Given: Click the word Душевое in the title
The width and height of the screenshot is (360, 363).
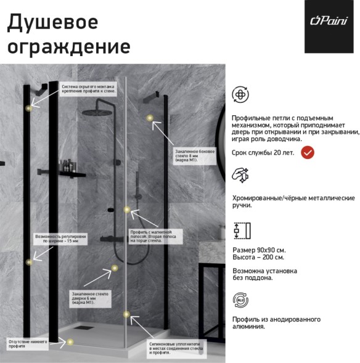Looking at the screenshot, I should tap(52, 22).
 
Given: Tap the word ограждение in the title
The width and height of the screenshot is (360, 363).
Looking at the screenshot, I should tap(68, 47).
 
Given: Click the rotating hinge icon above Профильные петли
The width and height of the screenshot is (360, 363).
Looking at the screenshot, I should tap(240, 95).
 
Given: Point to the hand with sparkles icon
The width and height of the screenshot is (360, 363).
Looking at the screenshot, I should tap(240, 175).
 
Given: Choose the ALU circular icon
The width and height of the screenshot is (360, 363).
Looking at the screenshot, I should tap(240, 300).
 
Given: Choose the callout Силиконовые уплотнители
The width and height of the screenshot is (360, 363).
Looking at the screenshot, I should tap(176, 349).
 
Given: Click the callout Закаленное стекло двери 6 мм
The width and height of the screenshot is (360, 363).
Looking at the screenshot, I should tap(90, 298).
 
